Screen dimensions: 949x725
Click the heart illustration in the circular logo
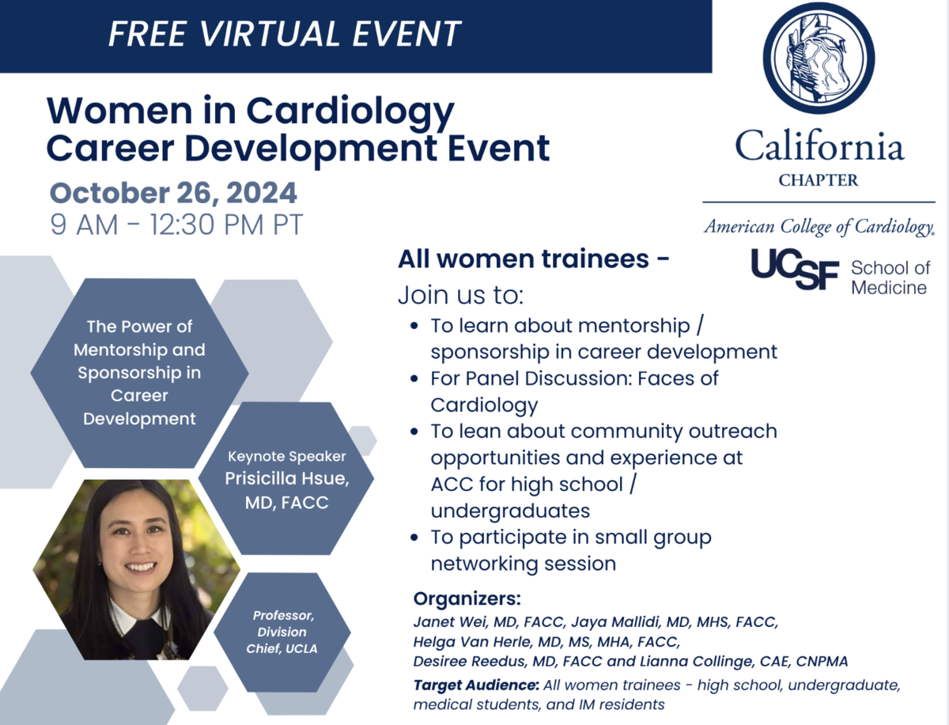pyautogui.click(x=819, y=59)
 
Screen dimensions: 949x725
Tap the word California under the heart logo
pyautogui.click(x=820, y=145)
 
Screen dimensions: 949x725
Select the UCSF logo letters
pyautogui.click(x=795, y=269)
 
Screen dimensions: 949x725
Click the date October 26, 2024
pyautogui.click(x=173, y=193)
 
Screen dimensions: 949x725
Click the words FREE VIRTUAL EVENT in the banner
pyautogui.click(x=285, y=33)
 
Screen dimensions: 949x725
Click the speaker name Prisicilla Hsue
pyautogui.click(x=286, y=478)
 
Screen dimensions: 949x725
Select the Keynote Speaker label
pyautogui.click(x=286, y=456)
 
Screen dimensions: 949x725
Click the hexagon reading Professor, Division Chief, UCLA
pyautogui.click(x=282, y=632)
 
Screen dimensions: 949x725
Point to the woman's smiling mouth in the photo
pyautogui.click(x=140, y=566)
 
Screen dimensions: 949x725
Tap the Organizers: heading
pyautogui.click(x=467, y=599)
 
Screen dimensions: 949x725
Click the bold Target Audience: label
pyautogui.click(x=476, y=685)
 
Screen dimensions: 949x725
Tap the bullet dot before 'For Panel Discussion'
pyautogui.click(x=414, y=379)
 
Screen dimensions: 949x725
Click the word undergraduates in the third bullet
pyautogui.click(x=510, y=511)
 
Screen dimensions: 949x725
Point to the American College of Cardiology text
pyautogui.click(x=819, y=226)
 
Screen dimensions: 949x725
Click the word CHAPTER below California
pyautogui.click(x=819, y=180)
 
